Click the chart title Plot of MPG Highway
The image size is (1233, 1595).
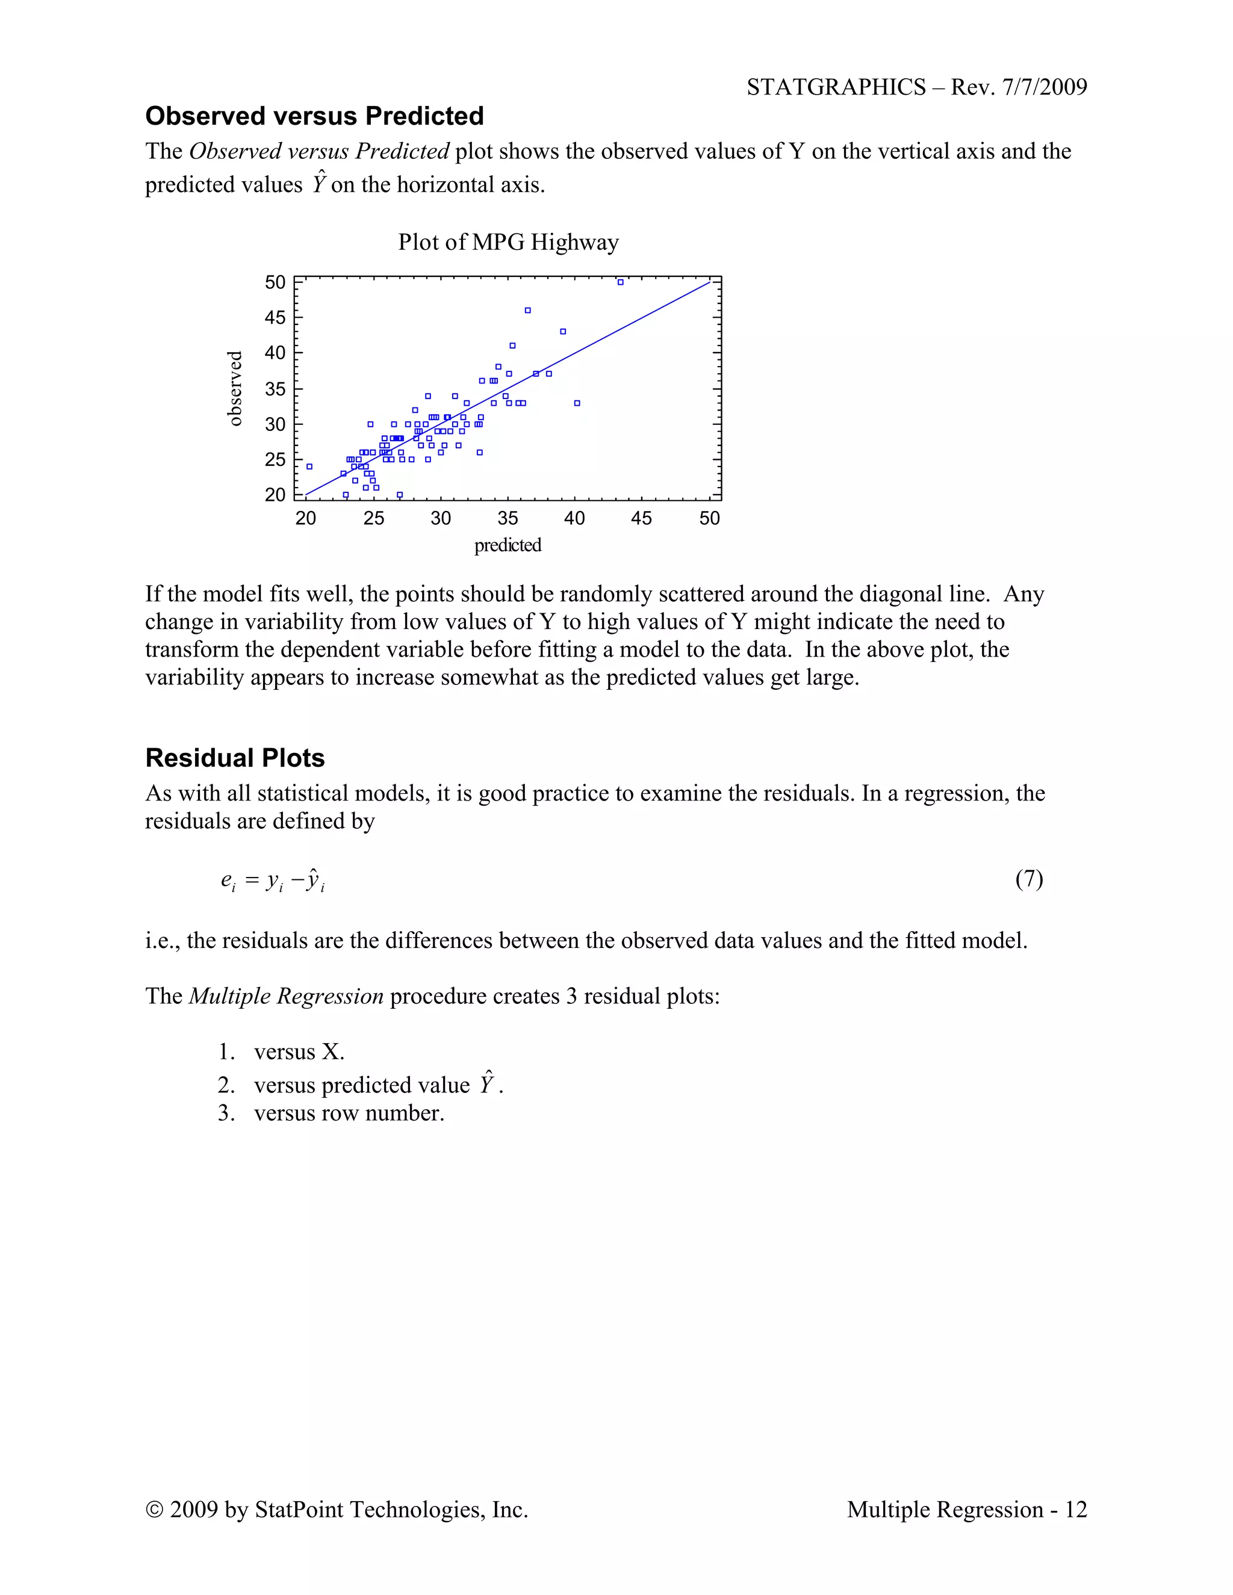click(508, 242)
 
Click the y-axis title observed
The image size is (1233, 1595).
click(234, 389)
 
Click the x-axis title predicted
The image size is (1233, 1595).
click(508, 545)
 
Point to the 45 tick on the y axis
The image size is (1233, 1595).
click(275, 318)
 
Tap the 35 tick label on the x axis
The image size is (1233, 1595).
click(508, 518)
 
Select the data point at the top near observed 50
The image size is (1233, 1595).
click(620, 282)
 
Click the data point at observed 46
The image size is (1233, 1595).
click(527, 311)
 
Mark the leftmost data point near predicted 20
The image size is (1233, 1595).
click(309, 466)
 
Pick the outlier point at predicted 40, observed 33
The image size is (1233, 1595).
click(577, 403)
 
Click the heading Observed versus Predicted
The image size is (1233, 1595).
click(314, 116)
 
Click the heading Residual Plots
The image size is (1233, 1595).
click(234, 758)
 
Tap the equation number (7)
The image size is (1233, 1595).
click(1028, 879)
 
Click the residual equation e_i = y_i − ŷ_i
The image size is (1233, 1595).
click(273, 881)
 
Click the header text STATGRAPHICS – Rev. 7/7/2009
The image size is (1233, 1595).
click(916, 87)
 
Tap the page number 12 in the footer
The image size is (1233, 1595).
click(1075, 1510)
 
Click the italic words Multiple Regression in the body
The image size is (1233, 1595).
click(285, 996)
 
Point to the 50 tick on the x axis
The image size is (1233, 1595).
click(709, 518)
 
